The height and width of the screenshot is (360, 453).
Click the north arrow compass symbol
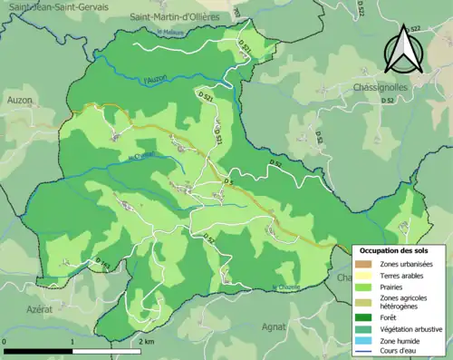pos(402,49)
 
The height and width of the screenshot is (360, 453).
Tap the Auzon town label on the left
pos(19,100)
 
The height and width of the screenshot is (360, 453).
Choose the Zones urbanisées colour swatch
pos(364,264)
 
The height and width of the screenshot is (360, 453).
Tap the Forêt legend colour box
pos(364,317)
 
